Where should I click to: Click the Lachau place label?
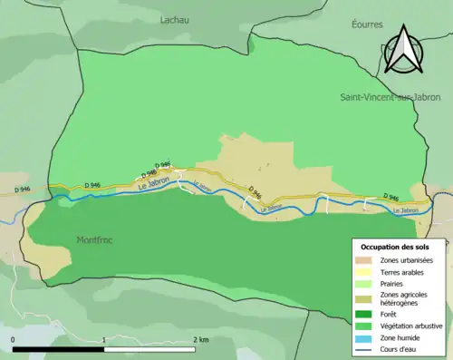pos(175,19)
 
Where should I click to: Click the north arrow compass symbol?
pos(401,50)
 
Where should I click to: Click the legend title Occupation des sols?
pos(396,247)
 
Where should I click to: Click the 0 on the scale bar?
pos(14,339)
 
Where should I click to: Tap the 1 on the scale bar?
pos(104,339)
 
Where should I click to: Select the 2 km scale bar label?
pos(200,339)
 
